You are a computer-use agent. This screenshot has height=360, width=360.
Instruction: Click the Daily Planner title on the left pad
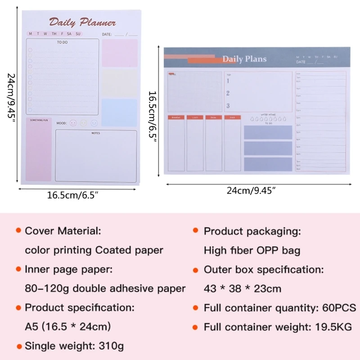pos(82,22)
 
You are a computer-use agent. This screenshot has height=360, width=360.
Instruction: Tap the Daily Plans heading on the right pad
pos(244,59)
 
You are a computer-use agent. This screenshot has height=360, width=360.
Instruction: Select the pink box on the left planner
pos(119,53)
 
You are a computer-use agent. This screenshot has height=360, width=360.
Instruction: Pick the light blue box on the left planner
pos(119,112)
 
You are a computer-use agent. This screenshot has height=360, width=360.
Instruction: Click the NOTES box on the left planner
pos(96,155)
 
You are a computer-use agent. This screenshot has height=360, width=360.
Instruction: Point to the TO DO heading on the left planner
pos(62,42)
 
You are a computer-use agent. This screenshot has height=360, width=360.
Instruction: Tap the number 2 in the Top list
pos(228,93)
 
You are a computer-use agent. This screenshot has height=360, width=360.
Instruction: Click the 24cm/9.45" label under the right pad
pos(251,191)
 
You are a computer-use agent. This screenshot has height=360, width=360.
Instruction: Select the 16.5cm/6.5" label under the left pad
pos(73,195)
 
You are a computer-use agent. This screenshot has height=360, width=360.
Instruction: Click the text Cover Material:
pos(63,231)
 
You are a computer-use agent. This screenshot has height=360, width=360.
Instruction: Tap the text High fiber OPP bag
pos(252,250)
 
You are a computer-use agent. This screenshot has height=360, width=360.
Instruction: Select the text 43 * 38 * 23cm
pos(243,288)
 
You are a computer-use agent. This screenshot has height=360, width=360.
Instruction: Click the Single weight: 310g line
pos(74,346)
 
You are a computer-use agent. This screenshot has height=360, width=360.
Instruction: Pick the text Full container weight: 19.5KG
pos(278,327)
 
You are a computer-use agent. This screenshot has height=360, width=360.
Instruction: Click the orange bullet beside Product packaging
pos(195,230)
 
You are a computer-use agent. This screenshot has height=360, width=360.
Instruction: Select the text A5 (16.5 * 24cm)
pos(67,327)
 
